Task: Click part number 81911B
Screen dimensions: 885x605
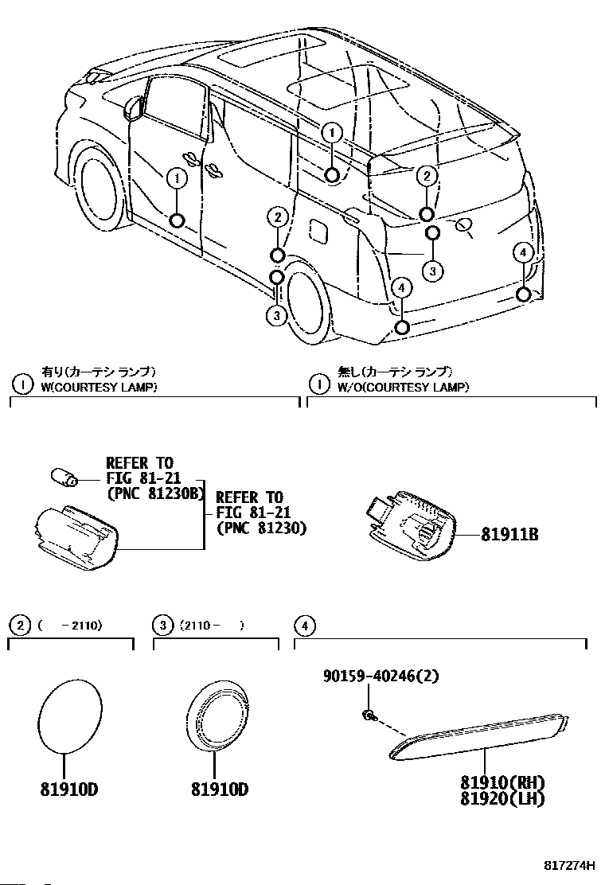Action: click(x=509, y=535)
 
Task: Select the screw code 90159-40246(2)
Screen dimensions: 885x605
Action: click(x=381, y=676)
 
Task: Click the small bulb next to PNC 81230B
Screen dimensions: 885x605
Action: click(x=62, y=477)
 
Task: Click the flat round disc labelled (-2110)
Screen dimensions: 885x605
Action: click(x=71, y=715)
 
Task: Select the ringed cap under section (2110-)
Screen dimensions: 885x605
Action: click(x=219, y=715)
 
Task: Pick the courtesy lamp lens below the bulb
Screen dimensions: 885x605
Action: click(x=76, y=537)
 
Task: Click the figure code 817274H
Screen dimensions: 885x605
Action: click(x=570, y=865)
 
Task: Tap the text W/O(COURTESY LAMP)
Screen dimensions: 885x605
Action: click(x=403, y=388)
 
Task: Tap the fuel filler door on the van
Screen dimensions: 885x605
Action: click(x=319, y=230)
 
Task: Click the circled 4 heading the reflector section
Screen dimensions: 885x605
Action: click(x=302, y=626)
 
